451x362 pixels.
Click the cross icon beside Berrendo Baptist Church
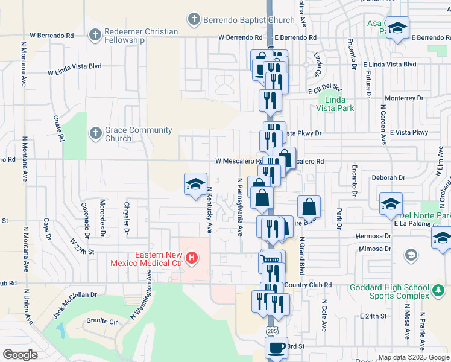click(194, 19)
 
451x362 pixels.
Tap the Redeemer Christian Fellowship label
click(132, 36)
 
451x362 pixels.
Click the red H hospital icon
click(192, 259)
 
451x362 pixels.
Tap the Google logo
click(21, 354)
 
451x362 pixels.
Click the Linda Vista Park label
click(336, 104)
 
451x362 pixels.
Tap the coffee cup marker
click(277, 348)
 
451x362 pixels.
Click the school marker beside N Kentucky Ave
click(195, 184)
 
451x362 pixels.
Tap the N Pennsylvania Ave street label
click(239, 206)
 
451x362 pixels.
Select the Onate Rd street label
click(58, 128)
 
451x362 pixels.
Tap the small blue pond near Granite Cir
click(61, 329)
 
